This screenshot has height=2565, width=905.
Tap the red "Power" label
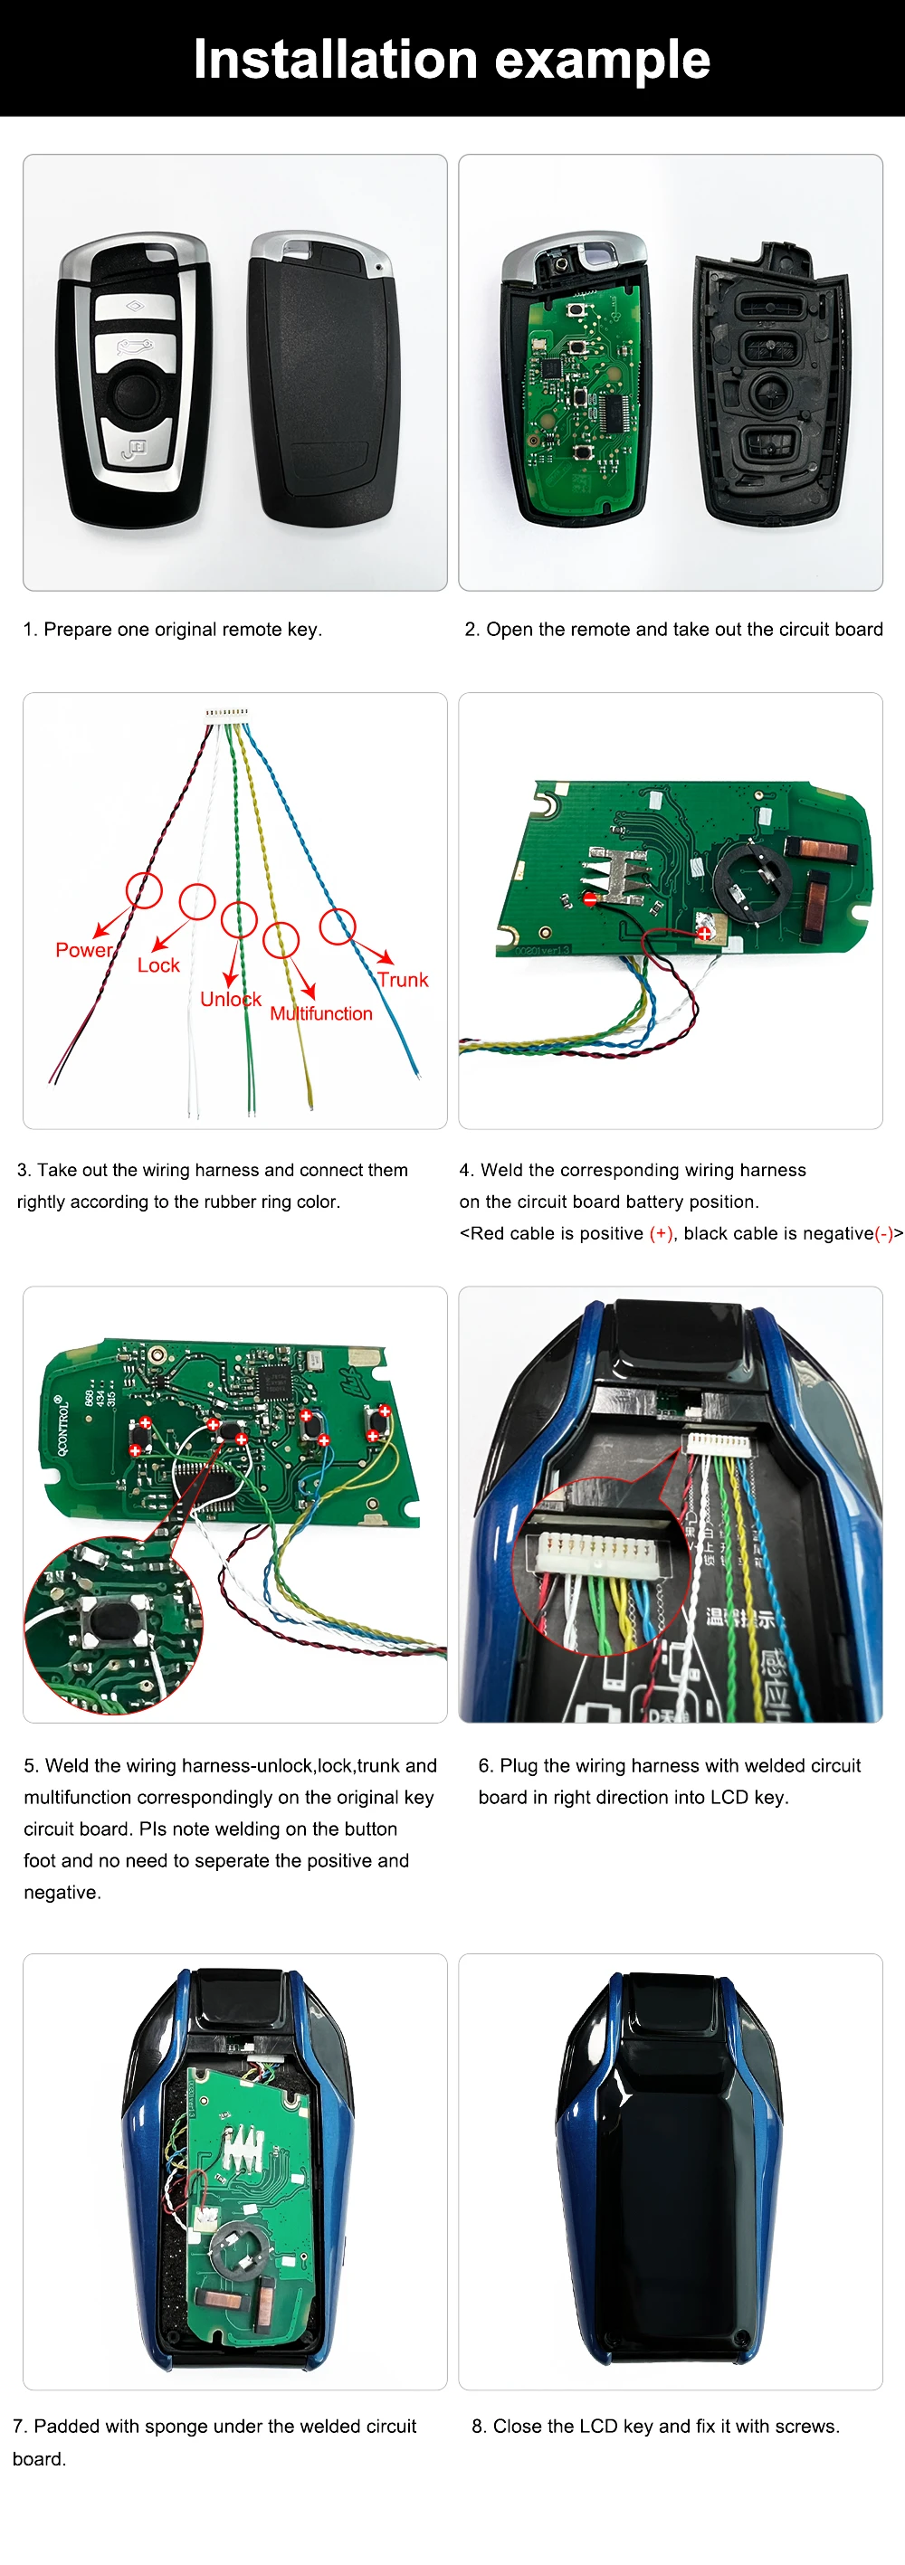pyautogui.click(x=83, y=950)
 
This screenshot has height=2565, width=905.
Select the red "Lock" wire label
pyautogui.click(x=158, y=964)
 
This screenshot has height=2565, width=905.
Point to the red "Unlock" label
pyautogui.click(x=230, y=999)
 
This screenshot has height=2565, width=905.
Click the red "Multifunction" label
pyautogui.click(x=320, y=1013)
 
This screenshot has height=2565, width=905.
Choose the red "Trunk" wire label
pyautogui.click(x=402, y=980)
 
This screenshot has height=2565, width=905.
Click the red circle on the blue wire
pyautogui.click(x=338, y=926)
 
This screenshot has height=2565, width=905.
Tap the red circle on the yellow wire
pyautogui.click(x=281, y=939)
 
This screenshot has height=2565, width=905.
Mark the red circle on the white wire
pyautogui.click(x=197, y=902)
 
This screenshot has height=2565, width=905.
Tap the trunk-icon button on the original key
pyautogui.click(x=132, y=347)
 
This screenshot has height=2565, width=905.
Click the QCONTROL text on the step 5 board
pyautogui.click(x=62, y=1425)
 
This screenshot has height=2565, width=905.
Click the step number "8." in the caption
pyautogui.click(x=479, y=2426)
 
